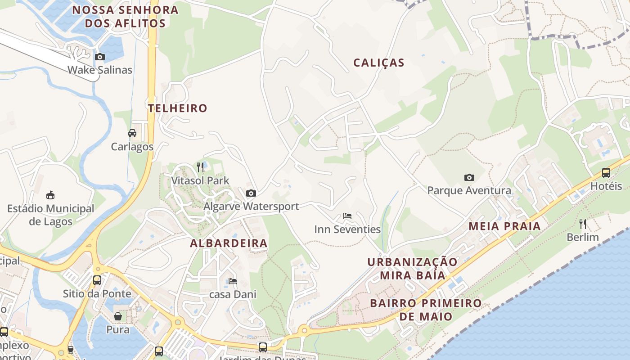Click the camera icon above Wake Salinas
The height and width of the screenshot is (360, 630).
pos(100,57)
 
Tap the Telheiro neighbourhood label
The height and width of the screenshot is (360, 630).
pos(178,108)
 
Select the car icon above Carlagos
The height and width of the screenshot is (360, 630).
pos(132,133)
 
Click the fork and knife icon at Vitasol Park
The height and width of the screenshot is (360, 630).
pos(200,167)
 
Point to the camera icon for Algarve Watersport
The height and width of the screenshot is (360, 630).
pos(251,193)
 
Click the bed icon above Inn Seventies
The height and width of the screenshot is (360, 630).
pos(347,216)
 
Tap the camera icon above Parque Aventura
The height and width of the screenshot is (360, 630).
pos(469,177)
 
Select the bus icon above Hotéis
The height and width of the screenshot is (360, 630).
pos(606,173)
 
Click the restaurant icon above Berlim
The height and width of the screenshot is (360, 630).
pos(583,224)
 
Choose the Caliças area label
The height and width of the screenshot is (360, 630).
pos(379,63)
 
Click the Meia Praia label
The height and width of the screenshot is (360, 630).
pos(504,226)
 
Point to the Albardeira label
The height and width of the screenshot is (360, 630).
pos(229,243)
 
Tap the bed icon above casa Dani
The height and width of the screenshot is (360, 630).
pos(233,281)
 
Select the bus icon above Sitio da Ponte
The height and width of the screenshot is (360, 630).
pos(97,280)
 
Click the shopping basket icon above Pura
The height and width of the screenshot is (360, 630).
pos(118,316)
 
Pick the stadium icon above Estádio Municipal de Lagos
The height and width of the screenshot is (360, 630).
pos(51,195)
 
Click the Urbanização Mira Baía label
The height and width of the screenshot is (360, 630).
pos(412,268)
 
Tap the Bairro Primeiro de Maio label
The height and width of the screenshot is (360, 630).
pos(426,309)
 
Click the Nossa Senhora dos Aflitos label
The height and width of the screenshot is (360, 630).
pos(125,17)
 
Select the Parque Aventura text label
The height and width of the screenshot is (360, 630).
pos(469,190)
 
